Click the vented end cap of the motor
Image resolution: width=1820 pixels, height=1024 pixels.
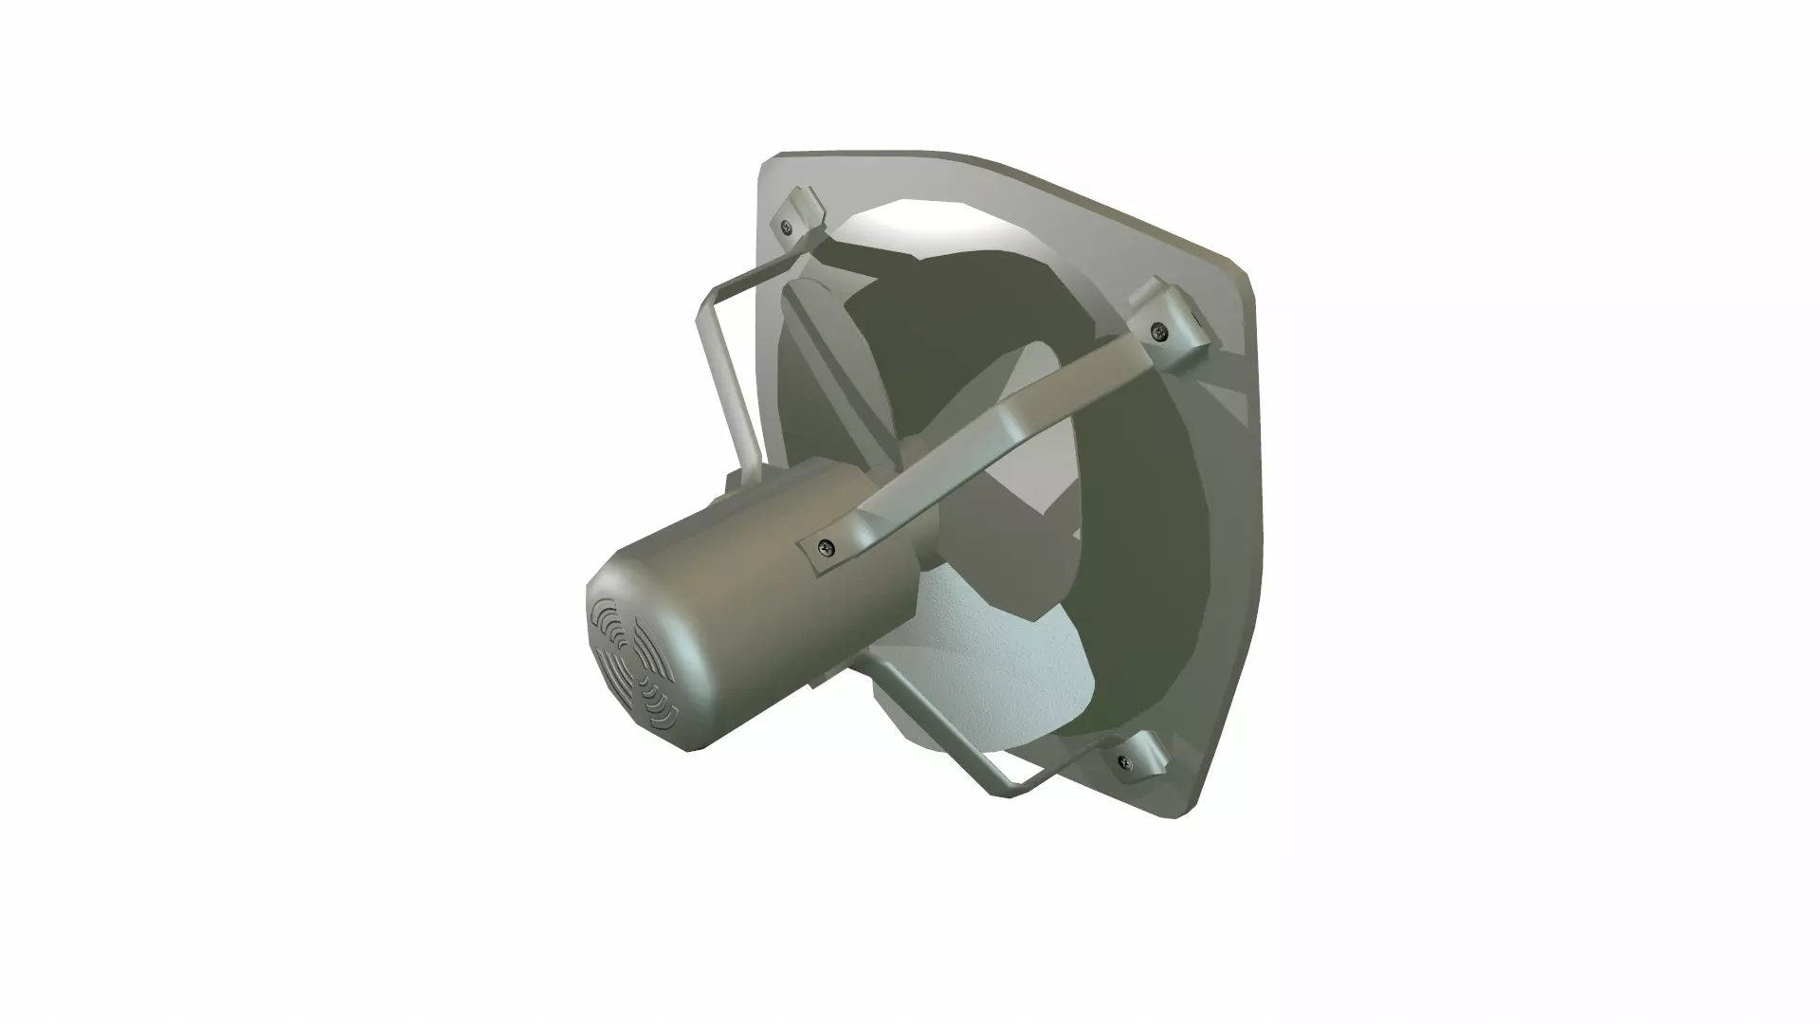click(x=633, y=664)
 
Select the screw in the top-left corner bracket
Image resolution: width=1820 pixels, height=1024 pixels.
click(x=786, y=227)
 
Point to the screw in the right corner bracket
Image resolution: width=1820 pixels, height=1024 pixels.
click(x=1157, y=331)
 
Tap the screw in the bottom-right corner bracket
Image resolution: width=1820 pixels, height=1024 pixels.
click(x=1125, y=760)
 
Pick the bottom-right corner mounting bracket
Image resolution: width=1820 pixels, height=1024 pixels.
click(x=1142, y=754)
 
